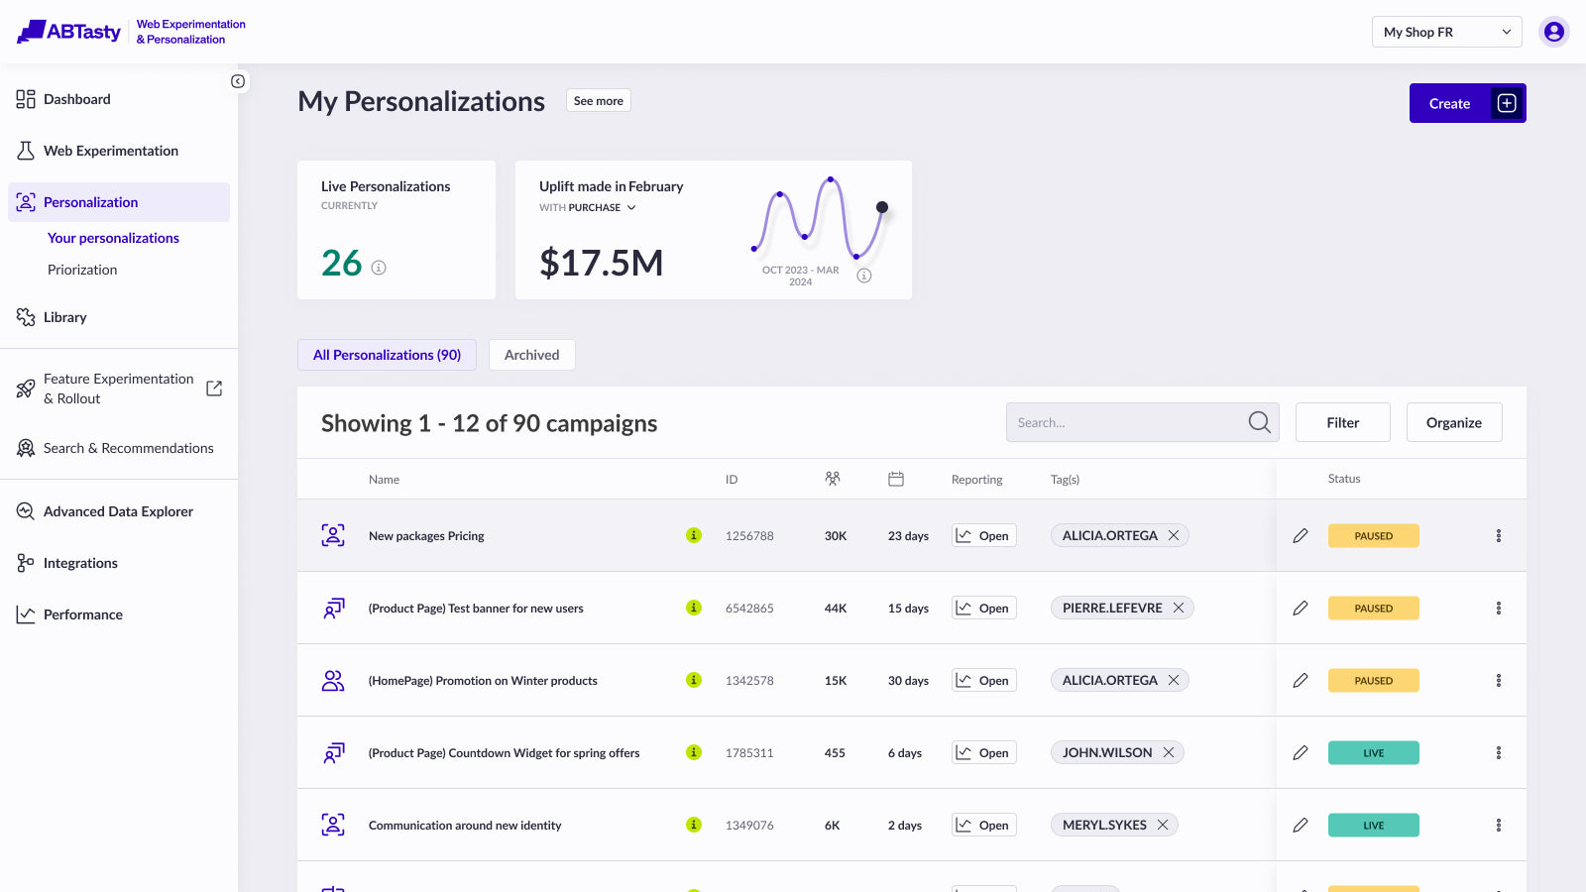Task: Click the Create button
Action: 1467,103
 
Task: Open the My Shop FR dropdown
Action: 1446,32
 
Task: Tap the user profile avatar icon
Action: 1554,32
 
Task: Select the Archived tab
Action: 531,355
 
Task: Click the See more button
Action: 599,100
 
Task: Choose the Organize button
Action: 1453,422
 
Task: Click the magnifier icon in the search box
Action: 1259,422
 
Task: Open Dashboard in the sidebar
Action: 76,99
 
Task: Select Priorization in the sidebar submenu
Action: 82,270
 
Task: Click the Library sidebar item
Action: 64,317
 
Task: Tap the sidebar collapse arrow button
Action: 238,81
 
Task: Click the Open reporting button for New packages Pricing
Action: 983,536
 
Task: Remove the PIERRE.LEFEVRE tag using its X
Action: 1179,609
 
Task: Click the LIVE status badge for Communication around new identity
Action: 1373,825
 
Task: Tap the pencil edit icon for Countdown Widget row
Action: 1300,752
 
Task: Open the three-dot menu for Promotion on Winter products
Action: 1498,680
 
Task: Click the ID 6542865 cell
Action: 749,609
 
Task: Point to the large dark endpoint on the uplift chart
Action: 881,207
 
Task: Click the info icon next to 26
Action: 379,268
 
